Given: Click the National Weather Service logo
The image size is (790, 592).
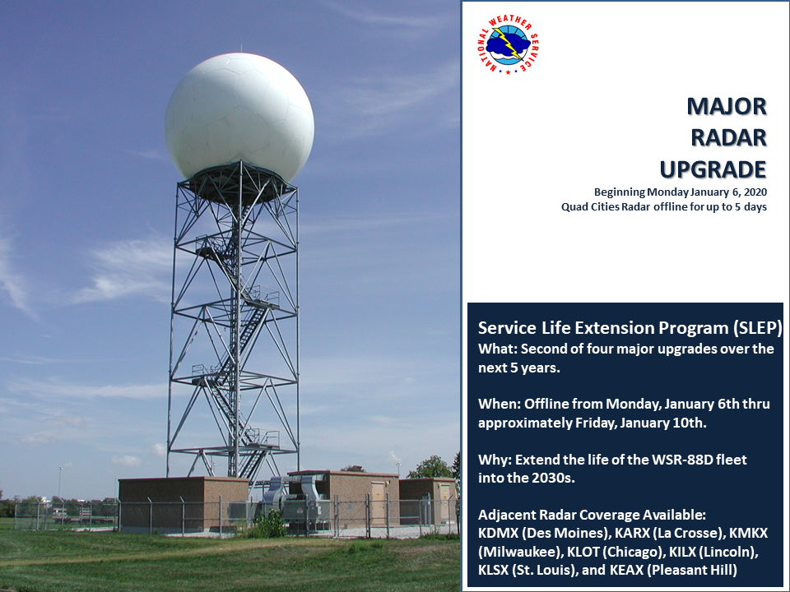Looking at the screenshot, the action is click(x=509, y=45).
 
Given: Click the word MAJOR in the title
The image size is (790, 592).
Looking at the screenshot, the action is click(x=727, y=107).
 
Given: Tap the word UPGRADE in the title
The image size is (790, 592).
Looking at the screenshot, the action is click(x=713, y=169).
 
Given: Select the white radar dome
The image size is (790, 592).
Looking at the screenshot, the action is click(x=239, y=117).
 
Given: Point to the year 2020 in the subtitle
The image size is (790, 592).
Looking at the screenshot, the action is click(x=755, y=192).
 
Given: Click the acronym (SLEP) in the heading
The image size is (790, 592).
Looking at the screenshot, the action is click(x=758, y=328).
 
